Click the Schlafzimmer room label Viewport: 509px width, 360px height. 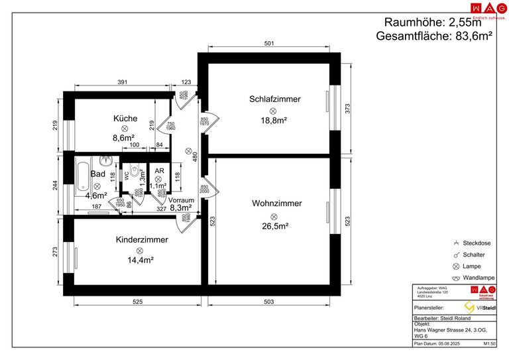click(x=274, y=99)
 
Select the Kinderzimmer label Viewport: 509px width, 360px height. click(x=141, y=239)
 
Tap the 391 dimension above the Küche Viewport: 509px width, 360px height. click(x=123, y=82)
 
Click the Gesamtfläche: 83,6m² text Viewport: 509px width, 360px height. click(x=433, y=36)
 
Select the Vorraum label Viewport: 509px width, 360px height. click(x=181, y=200)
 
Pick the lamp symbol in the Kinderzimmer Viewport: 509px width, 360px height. click(x=141, y=250)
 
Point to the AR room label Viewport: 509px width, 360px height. click(x=158, y=170)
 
